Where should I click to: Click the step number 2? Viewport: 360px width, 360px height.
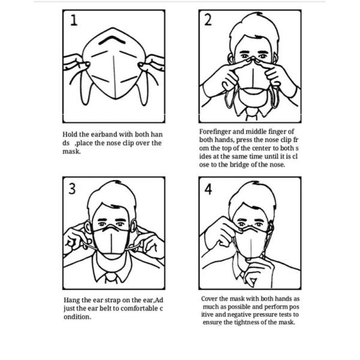[208, 20]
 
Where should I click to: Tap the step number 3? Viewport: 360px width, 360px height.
[73, 188]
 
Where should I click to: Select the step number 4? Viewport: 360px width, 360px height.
[208, 189]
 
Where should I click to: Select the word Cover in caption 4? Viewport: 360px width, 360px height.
[210, 298]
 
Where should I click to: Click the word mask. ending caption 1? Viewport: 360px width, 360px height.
[71, 151]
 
